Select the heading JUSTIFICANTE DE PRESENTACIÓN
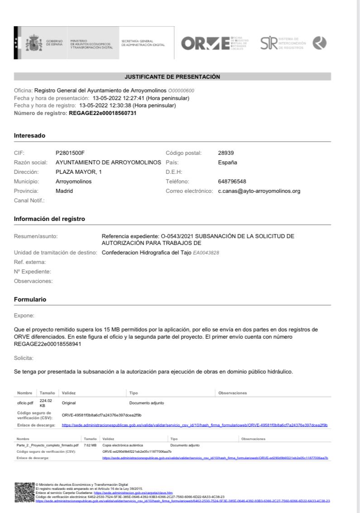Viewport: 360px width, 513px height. tap(172, 77)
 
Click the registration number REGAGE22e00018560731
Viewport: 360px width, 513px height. tap(102, 113)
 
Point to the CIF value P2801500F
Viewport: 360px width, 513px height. tap(70, 153)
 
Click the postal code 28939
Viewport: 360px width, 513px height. tap(226, 153)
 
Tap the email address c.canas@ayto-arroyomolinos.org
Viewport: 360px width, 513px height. tap(259, 191)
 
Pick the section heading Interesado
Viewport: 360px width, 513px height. tap(29, 135)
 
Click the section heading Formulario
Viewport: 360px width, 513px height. tap(30, 300)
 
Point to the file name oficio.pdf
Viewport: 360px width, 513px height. tap(25, 402)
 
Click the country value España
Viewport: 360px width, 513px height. tap(228, 162)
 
